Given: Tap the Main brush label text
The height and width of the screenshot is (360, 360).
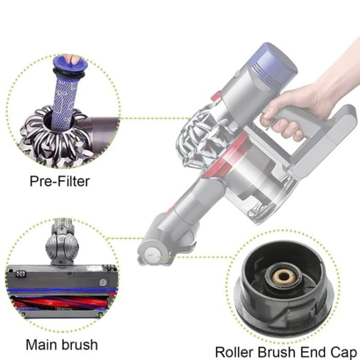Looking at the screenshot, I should click(x=62, y=344).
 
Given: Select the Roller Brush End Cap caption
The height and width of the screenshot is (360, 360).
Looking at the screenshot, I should click(x=286, y=352).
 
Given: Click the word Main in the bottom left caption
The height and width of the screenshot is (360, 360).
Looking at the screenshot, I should click(x=40, y=344).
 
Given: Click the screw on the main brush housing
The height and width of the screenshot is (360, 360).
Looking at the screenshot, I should click(x=103, y=282).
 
